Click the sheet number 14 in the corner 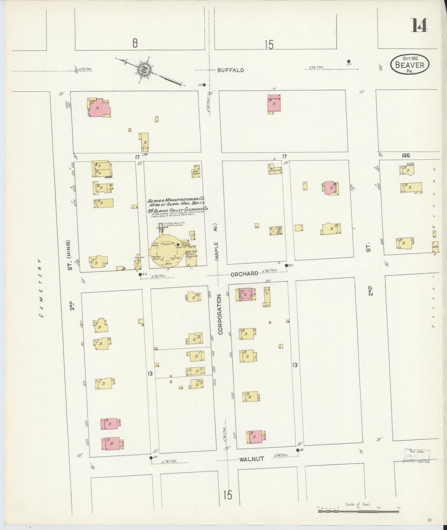coord(419,25)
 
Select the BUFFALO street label coord(230,70)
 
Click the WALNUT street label coord(252,459)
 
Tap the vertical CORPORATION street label coord(220,314)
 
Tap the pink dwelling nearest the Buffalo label coord(274,104)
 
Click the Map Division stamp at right coord(416,455)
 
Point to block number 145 coord(406,156)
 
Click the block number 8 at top coord(135,43)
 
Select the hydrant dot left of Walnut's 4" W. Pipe coord(151,458)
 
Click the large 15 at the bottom coord(227,495)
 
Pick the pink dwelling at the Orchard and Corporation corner coord(246,294)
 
